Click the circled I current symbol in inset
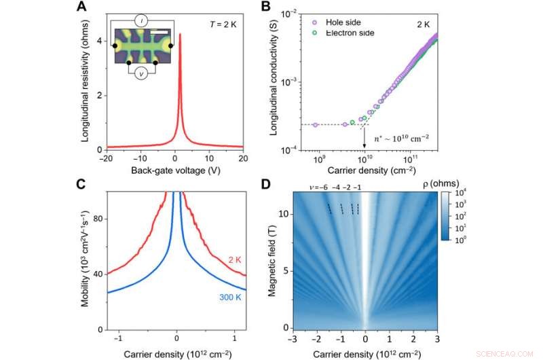142,21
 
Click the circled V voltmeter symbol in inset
142,75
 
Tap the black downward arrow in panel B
364,139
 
